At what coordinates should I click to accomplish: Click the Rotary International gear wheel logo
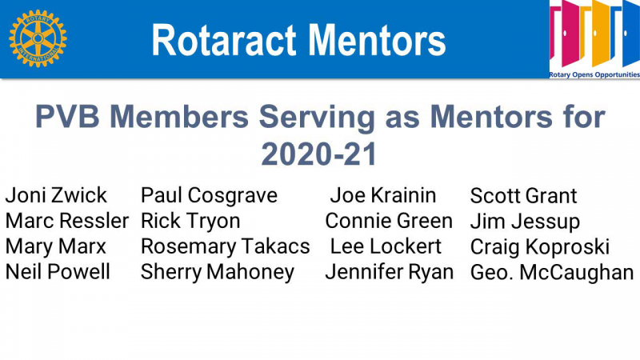(x=38, y=38)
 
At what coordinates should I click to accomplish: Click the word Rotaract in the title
(x=223, y=40)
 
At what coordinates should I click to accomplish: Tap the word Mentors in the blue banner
(x=376, y=40)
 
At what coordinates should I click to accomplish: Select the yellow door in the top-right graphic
(x=601, y=34)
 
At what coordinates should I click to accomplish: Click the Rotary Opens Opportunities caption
(x=594, y=74)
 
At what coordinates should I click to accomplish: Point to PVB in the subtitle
(x=67, y=117)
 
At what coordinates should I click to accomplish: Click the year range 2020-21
(x=318, y=154)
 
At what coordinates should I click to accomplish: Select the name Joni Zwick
(x=56, y=195)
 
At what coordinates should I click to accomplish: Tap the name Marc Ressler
(x=67, y=221)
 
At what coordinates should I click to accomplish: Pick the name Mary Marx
(x=55, y=246)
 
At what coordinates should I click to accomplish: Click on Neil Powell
(x=58, y=272)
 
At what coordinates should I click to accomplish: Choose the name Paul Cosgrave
(x=209, y=195)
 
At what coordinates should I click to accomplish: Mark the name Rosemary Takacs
(x=226, y=246)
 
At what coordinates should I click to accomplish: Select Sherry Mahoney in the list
(x=217, y=273)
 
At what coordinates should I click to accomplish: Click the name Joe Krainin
(x=383, y=195)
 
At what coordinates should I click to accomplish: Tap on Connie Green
(x=389, y=221)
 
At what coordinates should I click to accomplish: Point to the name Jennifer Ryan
(x=390, y=273)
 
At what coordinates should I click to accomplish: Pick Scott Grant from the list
(x=523, y=195)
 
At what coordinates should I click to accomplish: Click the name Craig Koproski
(x=539, y=247)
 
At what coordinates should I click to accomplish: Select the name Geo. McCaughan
(x=552, y=273)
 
